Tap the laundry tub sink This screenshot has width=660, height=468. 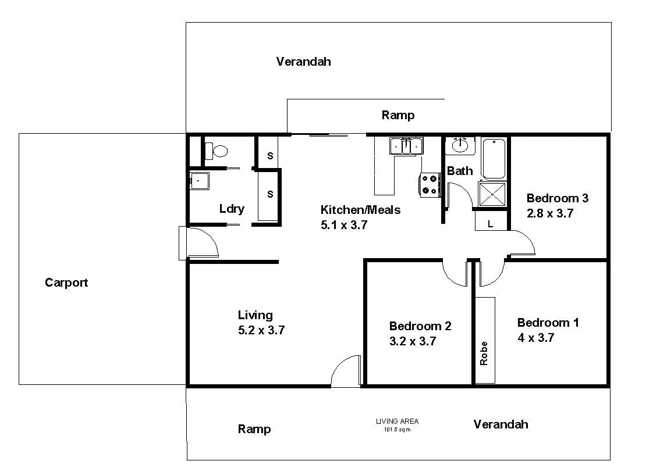pyautogui.click(x=198, y=181)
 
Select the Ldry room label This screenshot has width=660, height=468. pyautogui.click(x=232, y=209)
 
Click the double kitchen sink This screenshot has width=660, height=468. pyautogui.click(x=406, y=146)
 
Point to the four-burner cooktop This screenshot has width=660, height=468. pyautogui.click(x=430, y=184)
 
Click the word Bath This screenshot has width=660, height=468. pyautogui.click(x=460, y=171)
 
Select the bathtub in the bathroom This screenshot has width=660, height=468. pyautogui.click(x=494, y=158)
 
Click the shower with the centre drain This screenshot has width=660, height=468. pyautogui.click(x=492, y=194)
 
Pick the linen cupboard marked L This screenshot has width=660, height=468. pyautogui.click(x=491, y=223)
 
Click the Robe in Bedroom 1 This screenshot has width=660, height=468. pyautogui.click(x=484, y=340)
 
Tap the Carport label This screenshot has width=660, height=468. pyautogui.click(x=66, y=283)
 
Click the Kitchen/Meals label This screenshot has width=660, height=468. pyautogui.click(x=360, y=210)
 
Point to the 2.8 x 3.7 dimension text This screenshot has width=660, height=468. pyautogui.click(x=550, y=213)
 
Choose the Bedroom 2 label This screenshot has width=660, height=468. pyautogui.click(x=420, y=326)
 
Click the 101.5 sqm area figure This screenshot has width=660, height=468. pyautogui.click(x=397, y=430)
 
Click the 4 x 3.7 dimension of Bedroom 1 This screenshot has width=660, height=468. pyautogui.click(x=535, y=338)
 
